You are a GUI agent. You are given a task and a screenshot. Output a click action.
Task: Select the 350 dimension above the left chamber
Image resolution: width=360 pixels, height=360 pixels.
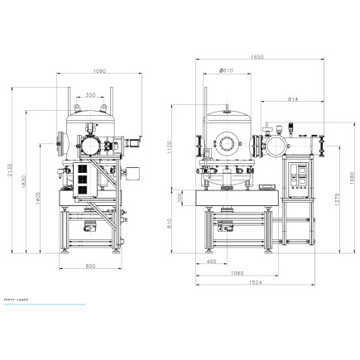(x=89, y=94)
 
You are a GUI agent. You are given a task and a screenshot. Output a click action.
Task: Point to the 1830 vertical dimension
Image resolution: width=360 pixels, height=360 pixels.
(x=27, y=180)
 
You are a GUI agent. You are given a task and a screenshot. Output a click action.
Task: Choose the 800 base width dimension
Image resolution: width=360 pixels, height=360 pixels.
(x=89, y=265)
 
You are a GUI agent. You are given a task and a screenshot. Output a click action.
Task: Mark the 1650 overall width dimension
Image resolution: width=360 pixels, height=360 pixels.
(x=259, y=57)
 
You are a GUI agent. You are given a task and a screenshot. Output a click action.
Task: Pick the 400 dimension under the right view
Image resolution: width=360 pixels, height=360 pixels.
(x=211, y=261)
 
